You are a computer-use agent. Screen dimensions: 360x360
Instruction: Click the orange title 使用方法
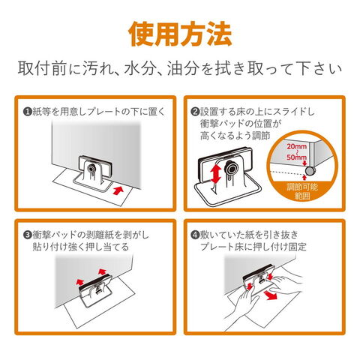pos(180,34)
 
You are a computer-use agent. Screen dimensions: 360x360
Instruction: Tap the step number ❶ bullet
pos(27,112)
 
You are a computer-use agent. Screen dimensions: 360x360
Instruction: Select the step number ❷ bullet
pos(195,112)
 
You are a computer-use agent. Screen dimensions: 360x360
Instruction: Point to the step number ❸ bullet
pos(27,235)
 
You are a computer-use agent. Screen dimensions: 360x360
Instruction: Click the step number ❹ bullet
pos(195,235)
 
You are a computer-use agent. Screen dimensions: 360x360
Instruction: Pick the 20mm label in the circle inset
pos(296,146)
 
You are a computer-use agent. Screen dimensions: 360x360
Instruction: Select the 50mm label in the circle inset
pos(296,157)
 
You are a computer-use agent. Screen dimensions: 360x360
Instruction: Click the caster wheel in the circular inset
pos(310,170)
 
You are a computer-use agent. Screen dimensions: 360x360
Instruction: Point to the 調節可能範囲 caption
pos(302,191)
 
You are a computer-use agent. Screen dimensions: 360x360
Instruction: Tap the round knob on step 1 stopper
pos(91,167)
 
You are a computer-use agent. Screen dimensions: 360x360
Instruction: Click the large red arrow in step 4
pos(270,295)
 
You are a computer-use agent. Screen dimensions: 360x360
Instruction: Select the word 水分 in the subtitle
pos(139,68)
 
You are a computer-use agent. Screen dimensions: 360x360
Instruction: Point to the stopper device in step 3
pos(95,290)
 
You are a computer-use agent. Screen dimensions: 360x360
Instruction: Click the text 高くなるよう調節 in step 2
pos(235,136)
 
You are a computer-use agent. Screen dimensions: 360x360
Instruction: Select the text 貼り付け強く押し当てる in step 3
pos(80,247)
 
